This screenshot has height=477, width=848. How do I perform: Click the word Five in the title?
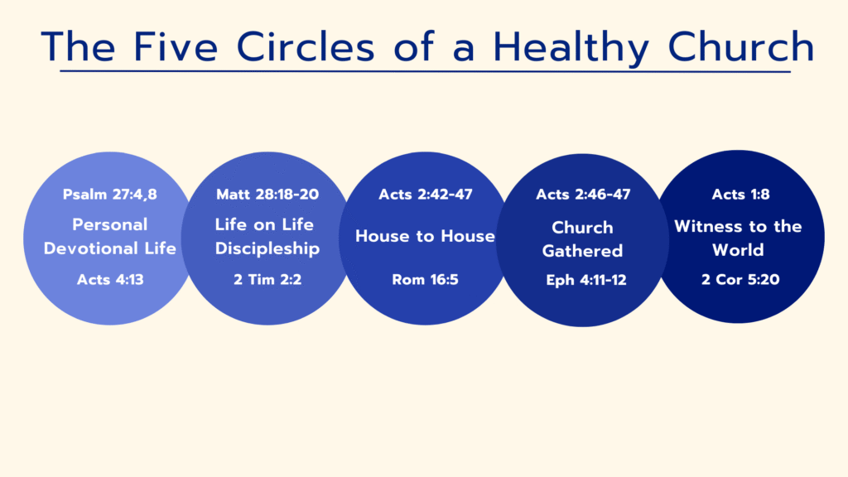click(176, 46)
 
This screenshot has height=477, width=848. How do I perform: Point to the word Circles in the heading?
click(306, 46)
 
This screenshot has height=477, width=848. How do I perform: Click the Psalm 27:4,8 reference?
click(110, 194)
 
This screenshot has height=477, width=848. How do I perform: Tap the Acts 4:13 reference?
click(110, 280)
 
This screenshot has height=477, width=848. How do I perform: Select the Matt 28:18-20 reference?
click(267, 194)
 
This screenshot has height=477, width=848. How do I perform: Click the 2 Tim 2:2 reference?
click(267, 280)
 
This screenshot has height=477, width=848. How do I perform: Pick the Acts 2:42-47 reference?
click(426, 194)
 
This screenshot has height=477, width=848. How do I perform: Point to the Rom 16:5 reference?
click(425, 280)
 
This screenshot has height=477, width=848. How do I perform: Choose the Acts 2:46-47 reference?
click(583, 194)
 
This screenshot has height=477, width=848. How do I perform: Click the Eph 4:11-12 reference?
click(586, 280)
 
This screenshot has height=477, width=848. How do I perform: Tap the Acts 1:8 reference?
click(740, 194)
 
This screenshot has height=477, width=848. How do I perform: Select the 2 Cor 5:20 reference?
click(740, 280)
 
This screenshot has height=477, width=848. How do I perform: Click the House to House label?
click(425, 236)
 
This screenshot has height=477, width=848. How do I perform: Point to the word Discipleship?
click(267, 248)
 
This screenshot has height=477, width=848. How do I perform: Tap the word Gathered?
click(582, 251)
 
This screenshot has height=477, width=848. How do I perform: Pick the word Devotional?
click(91, 248)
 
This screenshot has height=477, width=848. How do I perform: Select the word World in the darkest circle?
click(738, 250)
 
